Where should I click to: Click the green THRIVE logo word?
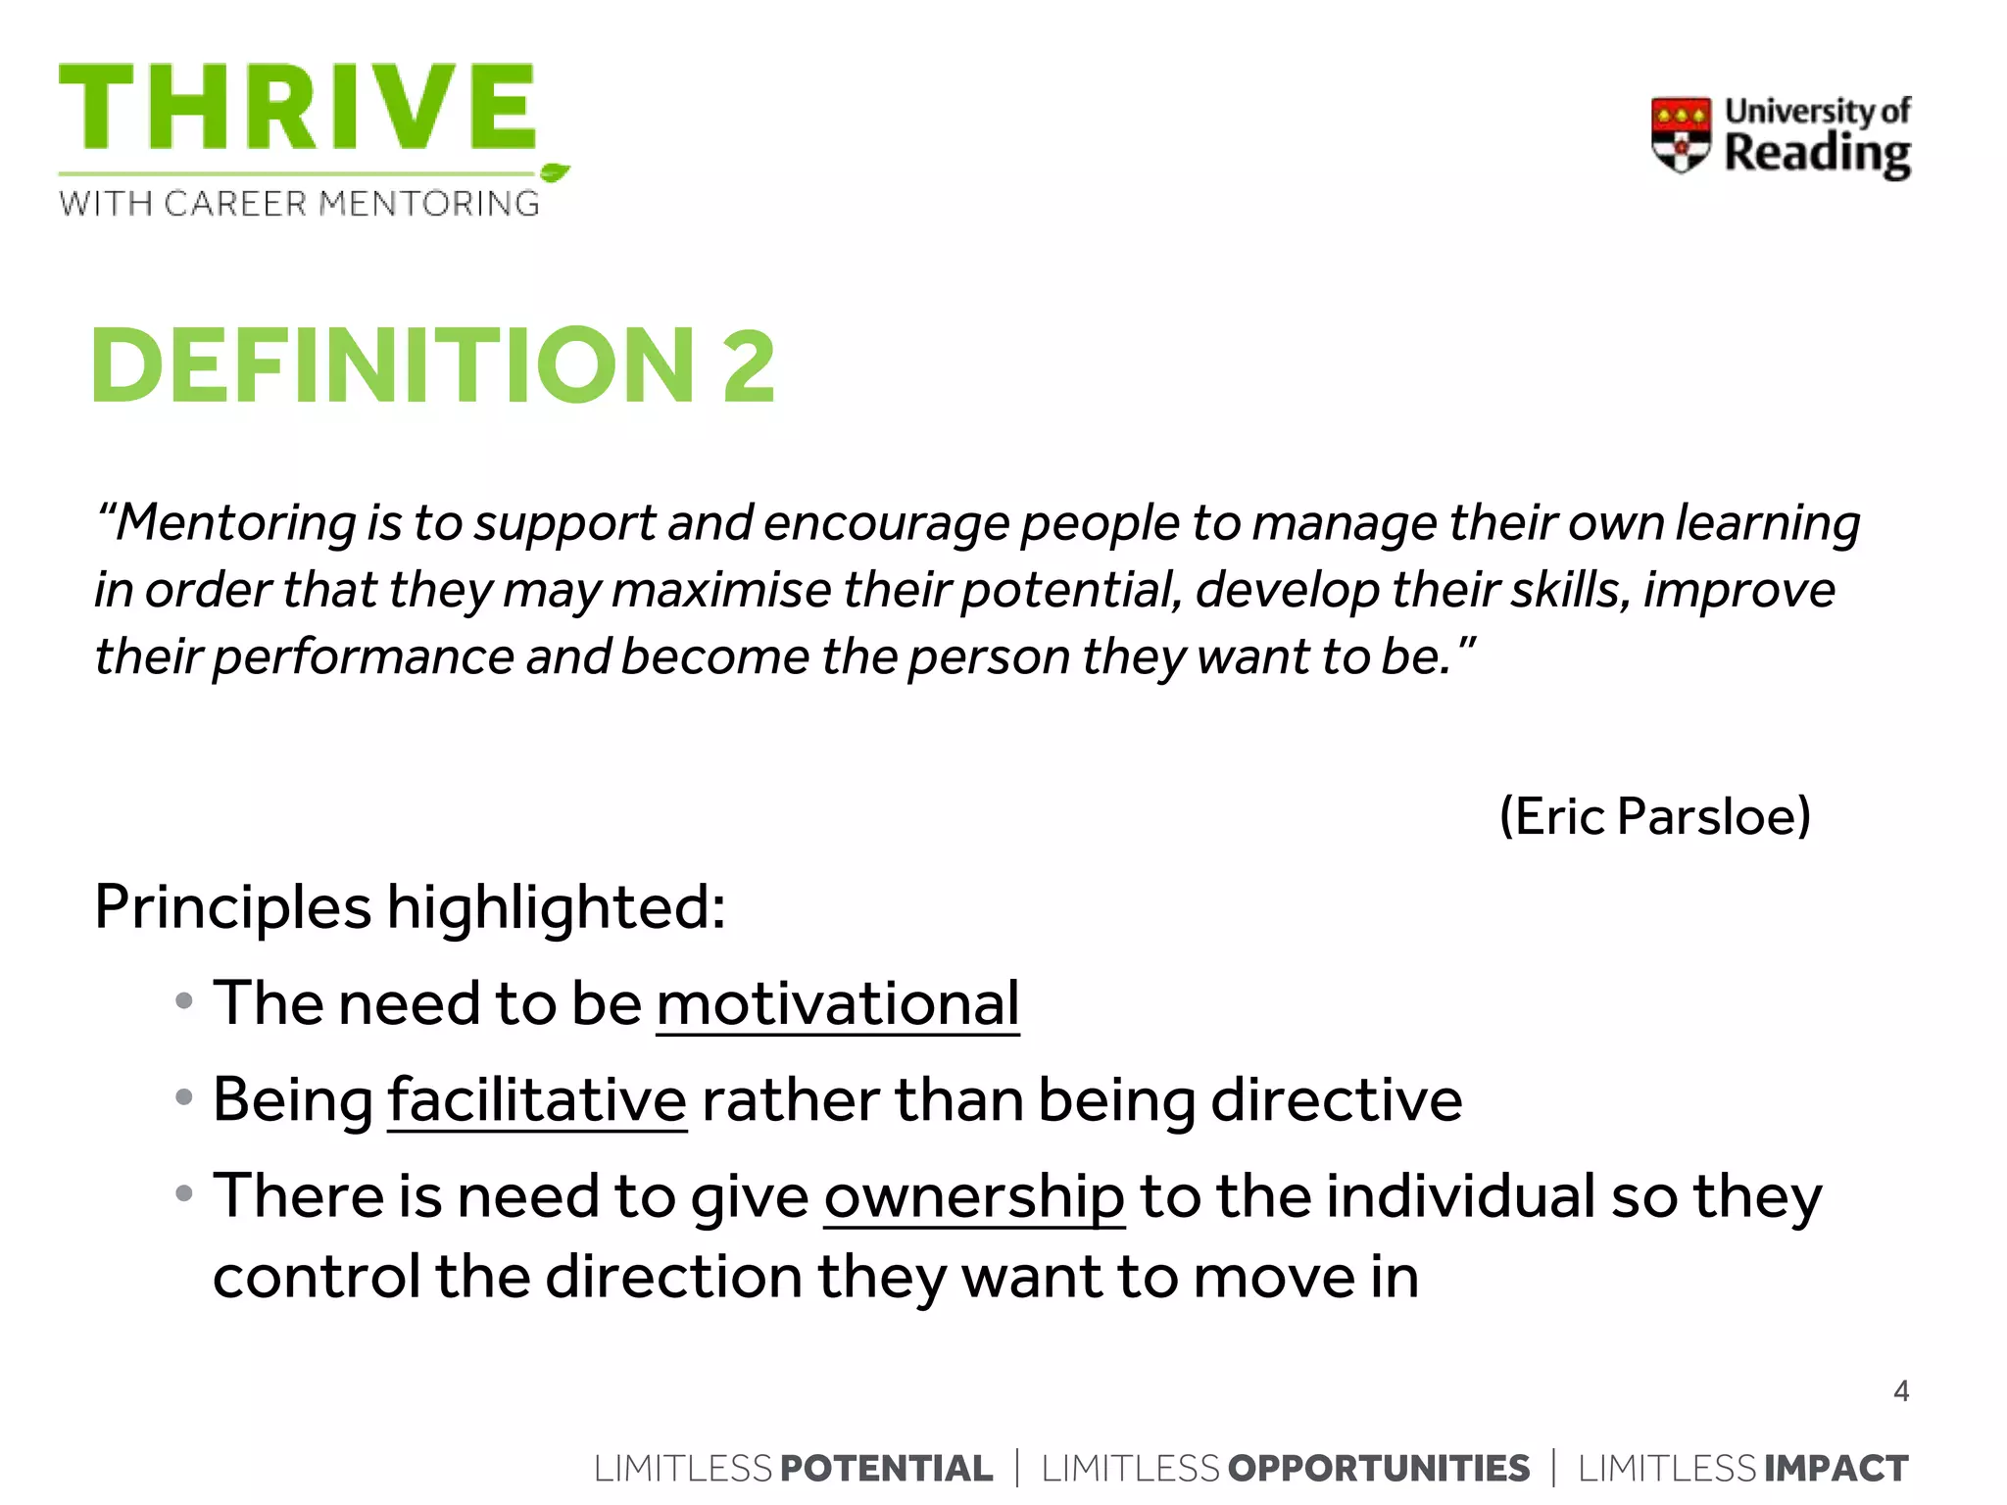pyautogui.click(x=297, y=108)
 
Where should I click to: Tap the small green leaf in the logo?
pyautogui.click(x=555, y=173)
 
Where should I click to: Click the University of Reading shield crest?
pyautogui.click(x=1681, y=135)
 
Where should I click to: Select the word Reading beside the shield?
pyautogui.click(x=1817, y=155)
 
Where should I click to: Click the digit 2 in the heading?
pyautogui.click(x=749, y=365)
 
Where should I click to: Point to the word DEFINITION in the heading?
pyautogui.click(x=393, y=365)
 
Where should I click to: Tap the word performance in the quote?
pyautogui.click(x=363, y=656)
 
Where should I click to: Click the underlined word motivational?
pyautogui.click(x=838, y=1003)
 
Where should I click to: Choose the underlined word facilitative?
pyautogui.click(x=537, y=1100)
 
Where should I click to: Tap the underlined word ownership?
pyautogui.click(x=974, y=1197)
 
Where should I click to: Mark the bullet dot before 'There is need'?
pyautogui.click(x=183, y=1193)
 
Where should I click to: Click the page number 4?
pyautogui.click(x=1901, y=1391)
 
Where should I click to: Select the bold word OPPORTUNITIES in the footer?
pyautogui.click(x=1378, y=1469)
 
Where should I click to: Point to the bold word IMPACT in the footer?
pyautogui.click(x=1836, y=1469)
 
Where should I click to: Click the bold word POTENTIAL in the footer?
pyautogui.click(x=887, y=1469)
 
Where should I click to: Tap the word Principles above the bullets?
pyautogui.click(x=232, y=907)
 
